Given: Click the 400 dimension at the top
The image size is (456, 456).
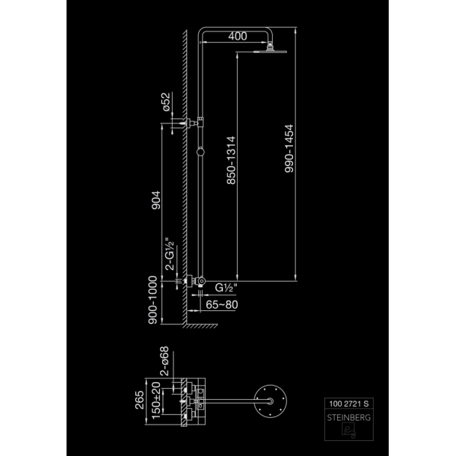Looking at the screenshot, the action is (x=238, y=36).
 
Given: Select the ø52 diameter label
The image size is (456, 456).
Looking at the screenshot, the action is (x=166, y=102).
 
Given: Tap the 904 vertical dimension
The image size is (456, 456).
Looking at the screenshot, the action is (x=156, y=200).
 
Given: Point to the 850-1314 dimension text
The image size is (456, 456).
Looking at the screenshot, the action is (x=231, y=160).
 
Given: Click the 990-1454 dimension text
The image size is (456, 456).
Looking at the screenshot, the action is (x=289, y=149).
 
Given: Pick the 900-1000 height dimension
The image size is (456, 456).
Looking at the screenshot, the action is (x=152, y=300).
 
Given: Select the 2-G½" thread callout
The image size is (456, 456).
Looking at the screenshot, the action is (x=170, y=254).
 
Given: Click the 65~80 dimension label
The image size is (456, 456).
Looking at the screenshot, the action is (x=222, y=305).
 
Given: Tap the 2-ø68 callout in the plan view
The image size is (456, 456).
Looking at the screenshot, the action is (x=164, y=361).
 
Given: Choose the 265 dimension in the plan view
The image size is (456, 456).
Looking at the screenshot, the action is (x=140, y=400).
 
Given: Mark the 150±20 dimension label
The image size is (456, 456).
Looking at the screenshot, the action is (x=156, y=401).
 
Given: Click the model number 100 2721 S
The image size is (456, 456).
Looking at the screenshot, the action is (x=349, y=404).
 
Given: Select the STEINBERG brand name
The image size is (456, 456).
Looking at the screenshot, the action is (x=349, y=418).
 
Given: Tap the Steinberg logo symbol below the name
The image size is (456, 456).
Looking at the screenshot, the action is (x=348, y=431).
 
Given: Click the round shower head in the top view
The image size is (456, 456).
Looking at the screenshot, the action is (x=271, y=401).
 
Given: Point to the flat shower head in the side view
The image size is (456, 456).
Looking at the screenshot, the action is (x=270, y=52).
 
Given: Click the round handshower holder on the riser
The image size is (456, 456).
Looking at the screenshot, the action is (x=200, y=152).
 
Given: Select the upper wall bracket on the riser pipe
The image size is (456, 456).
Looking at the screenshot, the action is (x=193, y=123).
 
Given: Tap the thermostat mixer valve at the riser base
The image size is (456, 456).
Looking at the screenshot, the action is (x=195, y=281).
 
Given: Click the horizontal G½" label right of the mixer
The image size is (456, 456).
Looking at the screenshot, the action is (x=226, y=288).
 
